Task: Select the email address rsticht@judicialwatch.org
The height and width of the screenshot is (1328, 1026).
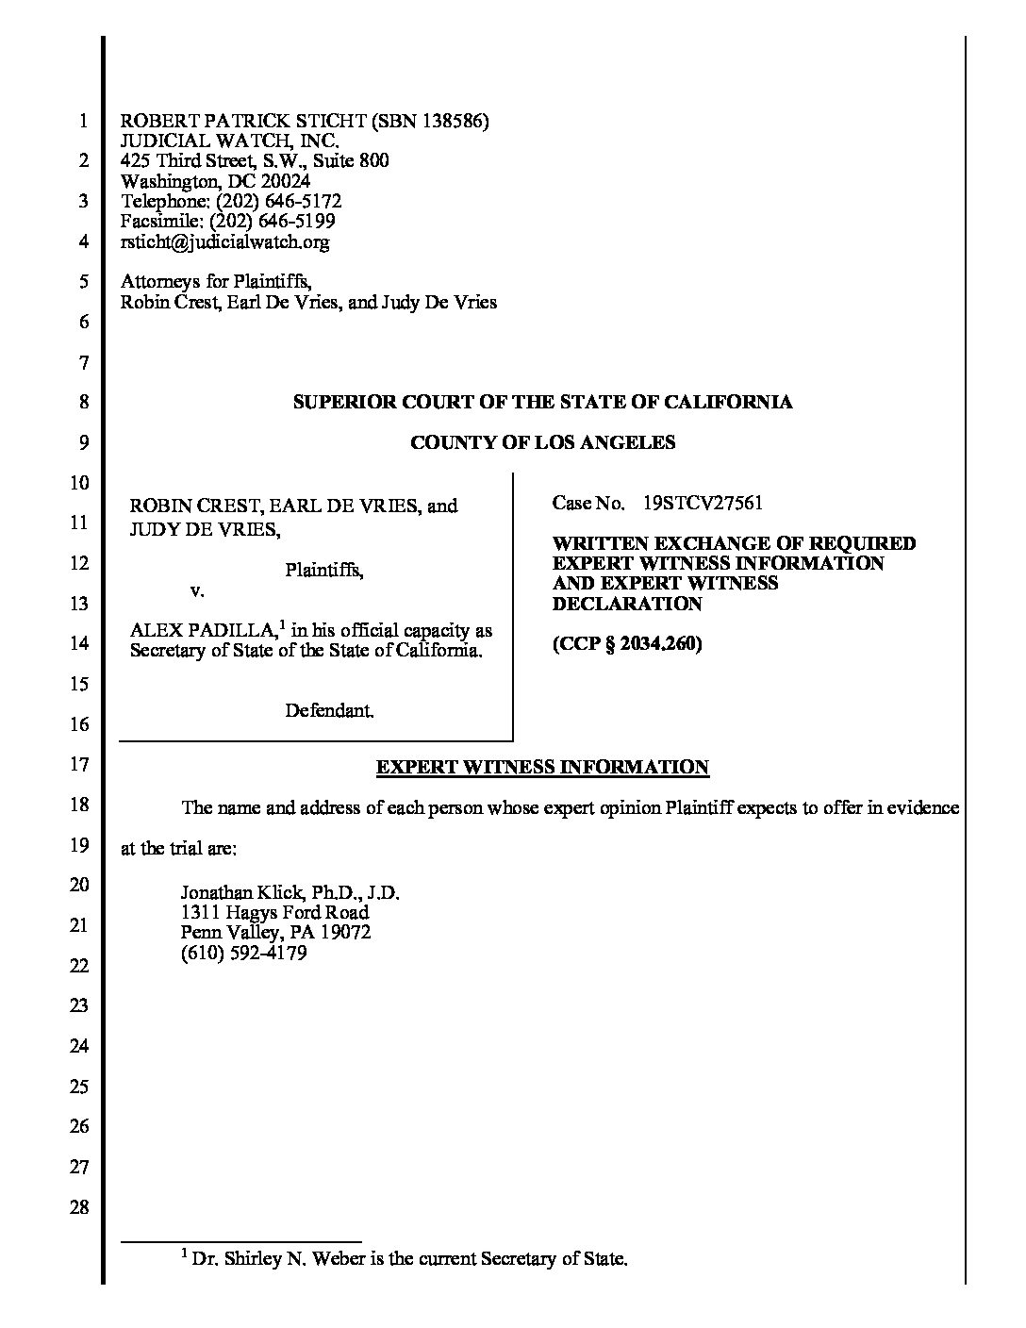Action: (225, 242)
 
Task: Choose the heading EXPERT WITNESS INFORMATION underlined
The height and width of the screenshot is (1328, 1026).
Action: (542, 767)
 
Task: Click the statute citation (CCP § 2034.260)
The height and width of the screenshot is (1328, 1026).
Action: (627, 645)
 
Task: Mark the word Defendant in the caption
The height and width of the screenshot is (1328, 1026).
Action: (329, 710)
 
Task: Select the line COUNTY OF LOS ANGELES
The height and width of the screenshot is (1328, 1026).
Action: (542, 442)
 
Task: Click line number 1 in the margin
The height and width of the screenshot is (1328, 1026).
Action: (83, 122)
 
